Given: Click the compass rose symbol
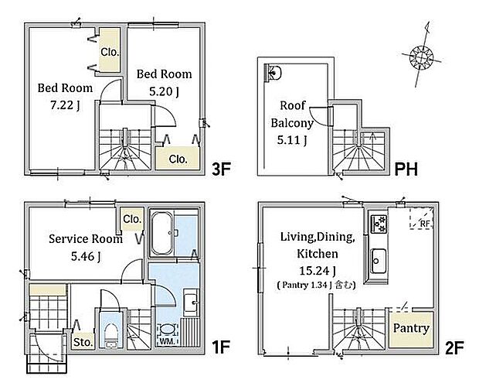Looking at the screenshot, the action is click(x=422, y=57).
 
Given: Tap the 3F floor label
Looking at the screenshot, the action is click(x=221, y=169).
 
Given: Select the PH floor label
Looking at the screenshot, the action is click(x=406, y=169).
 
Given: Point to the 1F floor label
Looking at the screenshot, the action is click(x=220, y=347).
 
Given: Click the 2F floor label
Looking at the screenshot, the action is click(x=454, y=347).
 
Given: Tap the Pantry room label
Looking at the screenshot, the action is click(x=411, y=328).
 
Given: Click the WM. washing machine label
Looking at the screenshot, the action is click(x=166, y=341).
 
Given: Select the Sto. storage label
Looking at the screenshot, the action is click(x=83, y=342).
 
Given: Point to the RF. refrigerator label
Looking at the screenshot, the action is click(x=425, y=224).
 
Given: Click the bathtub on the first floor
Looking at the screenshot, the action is click(x=162, y=234).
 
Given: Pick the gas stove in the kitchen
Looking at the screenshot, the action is click(x=379, y=224).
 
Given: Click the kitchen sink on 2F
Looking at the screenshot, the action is click(x=379, y=262).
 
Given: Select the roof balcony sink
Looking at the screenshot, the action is click(x=273, y=73).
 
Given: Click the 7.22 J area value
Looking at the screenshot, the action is click(x=65, y=105).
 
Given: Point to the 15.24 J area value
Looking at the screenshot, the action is click(x=318, y=271).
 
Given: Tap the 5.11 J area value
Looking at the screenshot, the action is click(x=292, y=140).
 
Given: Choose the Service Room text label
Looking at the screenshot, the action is click(x=86, y=239).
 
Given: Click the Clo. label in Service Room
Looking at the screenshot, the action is click(x=132, y=219).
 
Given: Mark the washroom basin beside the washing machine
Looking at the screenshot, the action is click(x=192, y=303).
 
